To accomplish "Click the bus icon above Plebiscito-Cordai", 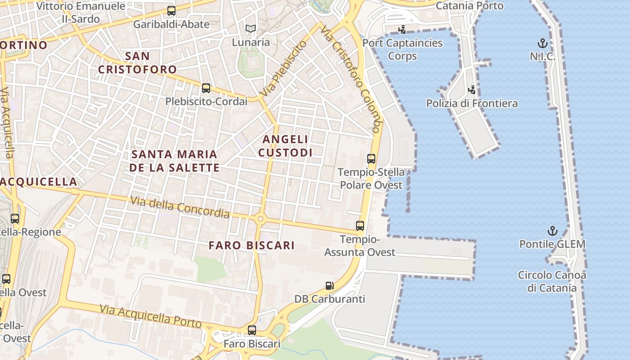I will (206, 88).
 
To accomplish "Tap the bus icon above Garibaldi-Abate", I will (171, 11).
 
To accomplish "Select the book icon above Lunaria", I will (251, 29).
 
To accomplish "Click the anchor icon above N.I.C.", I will (543, 44).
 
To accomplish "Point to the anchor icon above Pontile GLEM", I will (552, 231).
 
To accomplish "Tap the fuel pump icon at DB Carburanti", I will (330, 286).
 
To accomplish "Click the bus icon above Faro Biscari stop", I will (252, 330).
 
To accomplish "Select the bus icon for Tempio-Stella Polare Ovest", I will (371, 158).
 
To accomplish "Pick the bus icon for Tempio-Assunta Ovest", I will (360, 226).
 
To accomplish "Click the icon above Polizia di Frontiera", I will (472, 90).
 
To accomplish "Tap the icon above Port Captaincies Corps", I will (402, 30).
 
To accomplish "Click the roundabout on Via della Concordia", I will (260, 219).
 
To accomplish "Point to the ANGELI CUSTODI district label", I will (285, 146).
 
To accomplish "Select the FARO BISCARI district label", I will (252, 245).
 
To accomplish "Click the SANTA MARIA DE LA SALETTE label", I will (175, 161).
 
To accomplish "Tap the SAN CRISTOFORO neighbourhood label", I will (137, 63).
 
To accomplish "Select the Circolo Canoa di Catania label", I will (552, 281).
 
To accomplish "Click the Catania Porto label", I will (469, 6).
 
